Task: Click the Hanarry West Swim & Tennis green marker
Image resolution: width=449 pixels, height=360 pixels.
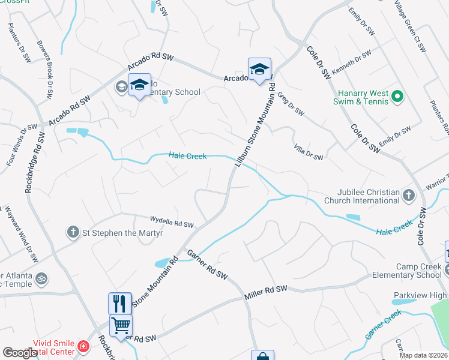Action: (x=397, y=96)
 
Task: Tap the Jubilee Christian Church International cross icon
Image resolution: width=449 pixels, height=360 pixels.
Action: (x=409, y=195)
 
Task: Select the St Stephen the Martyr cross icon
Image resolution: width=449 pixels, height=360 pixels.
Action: (x=73, y=232)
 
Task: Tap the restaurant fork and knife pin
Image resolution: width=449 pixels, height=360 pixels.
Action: (x=120, y=302)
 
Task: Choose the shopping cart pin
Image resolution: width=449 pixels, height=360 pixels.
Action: (x=121, y=326)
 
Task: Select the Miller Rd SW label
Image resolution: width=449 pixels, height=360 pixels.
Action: (x=266, y=293)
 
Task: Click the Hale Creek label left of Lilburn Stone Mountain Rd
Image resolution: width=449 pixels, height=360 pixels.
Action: (x=187, y=156)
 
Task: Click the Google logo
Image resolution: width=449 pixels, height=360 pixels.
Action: (x=20, y=353)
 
